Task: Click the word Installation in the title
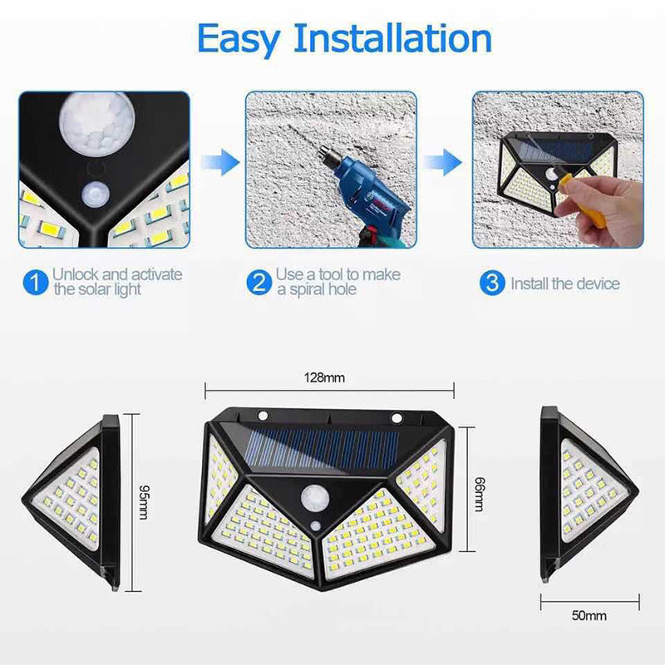tap(394, 39)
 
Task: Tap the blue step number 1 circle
tap(34, 283)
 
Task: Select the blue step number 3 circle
tap(492, 283)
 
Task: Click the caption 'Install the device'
tap(565, 283)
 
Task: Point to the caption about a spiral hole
tap(337, 282)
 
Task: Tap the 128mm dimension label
tap(324, 379)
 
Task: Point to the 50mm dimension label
tap(589, 616)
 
